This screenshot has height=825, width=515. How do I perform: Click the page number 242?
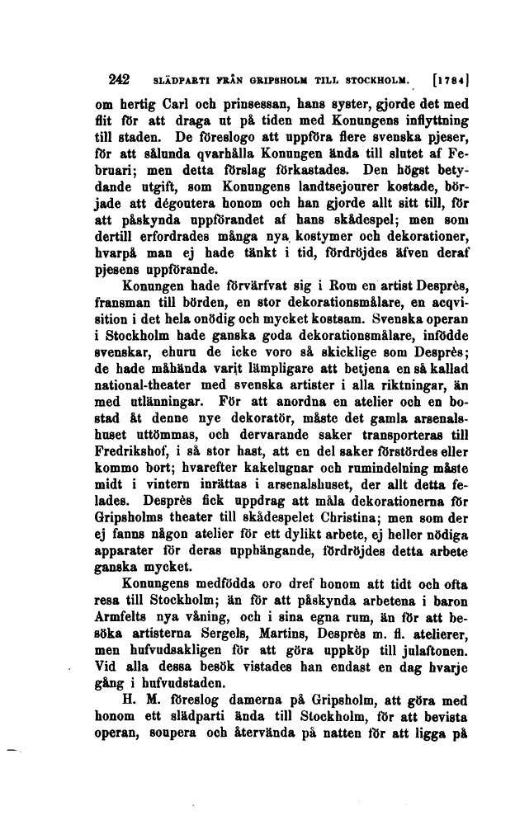120,81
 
